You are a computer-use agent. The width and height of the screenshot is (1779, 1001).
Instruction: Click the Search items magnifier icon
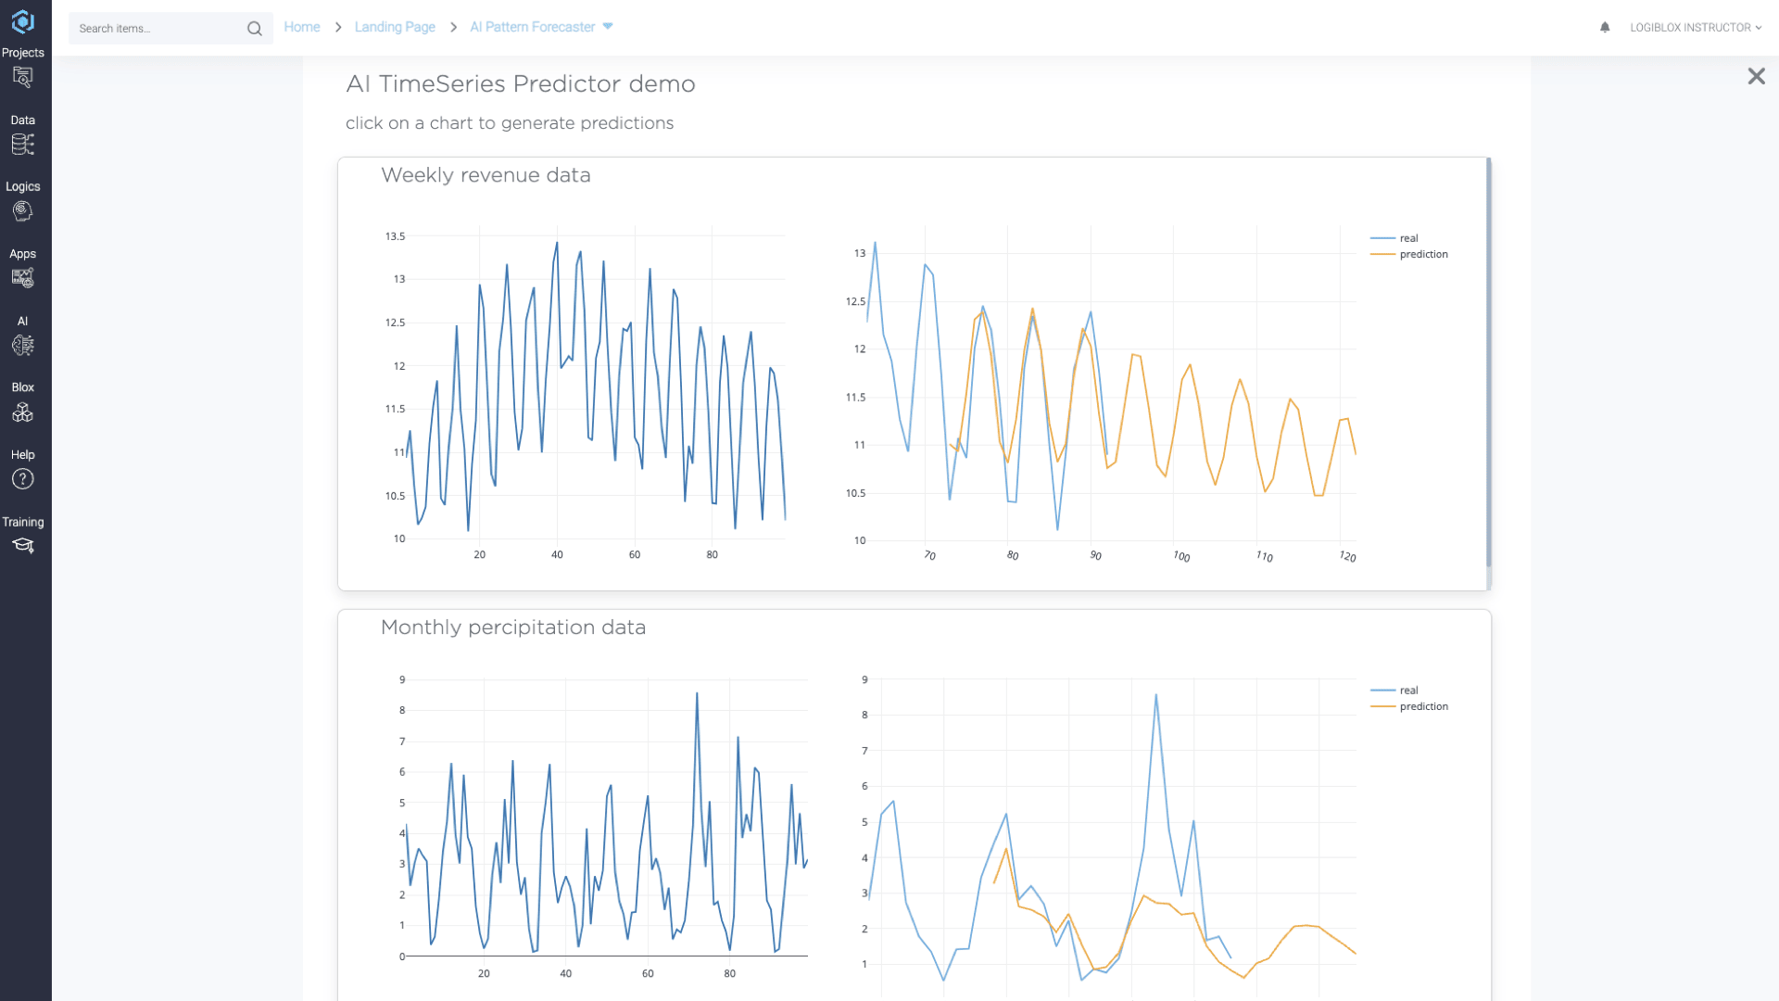click(254, 29)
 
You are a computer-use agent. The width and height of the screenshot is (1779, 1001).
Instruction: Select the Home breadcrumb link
click(302, 27)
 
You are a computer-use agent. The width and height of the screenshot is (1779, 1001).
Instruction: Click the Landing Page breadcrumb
click(395, 27)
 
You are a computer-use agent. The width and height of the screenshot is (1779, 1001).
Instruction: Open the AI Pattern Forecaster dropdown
click(541, 27)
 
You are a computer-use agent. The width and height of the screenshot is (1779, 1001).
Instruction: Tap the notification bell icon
click(1605, 28)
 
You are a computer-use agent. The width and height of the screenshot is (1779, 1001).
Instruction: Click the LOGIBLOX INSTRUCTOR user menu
click(1696, 28)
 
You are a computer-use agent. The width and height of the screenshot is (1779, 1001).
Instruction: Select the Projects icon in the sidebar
click(23, 78)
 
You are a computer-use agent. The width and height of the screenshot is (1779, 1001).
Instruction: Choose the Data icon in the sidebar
click(23, 145)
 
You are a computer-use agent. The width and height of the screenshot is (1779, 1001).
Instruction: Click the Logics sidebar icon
click(23, 211)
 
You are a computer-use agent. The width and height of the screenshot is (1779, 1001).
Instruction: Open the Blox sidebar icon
click(23, 412)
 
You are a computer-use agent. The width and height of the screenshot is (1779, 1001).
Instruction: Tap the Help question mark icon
click(23, 479)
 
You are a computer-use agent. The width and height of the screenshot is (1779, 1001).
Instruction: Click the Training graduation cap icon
click(23, 546)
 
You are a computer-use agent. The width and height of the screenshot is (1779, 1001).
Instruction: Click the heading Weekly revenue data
click(486, 175)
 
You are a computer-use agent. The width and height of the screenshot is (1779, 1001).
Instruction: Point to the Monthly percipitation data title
click(513, 627)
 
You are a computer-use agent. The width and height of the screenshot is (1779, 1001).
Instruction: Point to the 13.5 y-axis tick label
click(396, 236)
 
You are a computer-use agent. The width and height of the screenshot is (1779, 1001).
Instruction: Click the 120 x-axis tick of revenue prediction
click(1347, 556)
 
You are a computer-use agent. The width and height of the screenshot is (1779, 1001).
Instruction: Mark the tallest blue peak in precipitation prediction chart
click(1155, 695)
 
